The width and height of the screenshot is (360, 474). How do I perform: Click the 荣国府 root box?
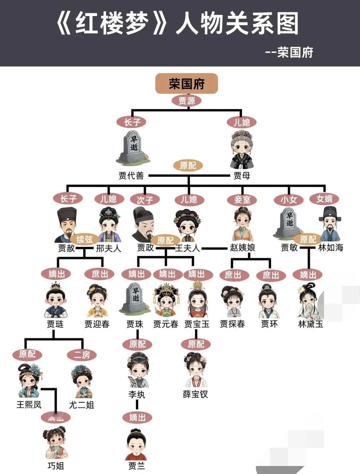[186, 83]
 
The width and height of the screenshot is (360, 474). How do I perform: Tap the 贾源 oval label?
[186, 101]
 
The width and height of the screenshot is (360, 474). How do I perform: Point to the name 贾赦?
[66, 248]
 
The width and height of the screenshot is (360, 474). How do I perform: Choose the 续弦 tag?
[84, 239]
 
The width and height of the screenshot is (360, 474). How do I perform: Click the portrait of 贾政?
[143, 224]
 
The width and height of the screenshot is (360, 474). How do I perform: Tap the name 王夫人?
[187, 248]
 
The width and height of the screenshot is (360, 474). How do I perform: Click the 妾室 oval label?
[242, 200]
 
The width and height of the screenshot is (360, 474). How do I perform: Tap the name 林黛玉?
[311, 324]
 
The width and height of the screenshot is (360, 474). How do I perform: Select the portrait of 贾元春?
[166, 300]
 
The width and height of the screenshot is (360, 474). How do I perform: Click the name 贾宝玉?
[197, 324]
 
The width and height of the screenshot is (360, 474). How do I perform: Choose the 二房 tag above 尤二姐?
[82, 354]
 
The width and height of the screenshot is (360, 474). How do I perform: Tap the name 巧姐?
[56, 466]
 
